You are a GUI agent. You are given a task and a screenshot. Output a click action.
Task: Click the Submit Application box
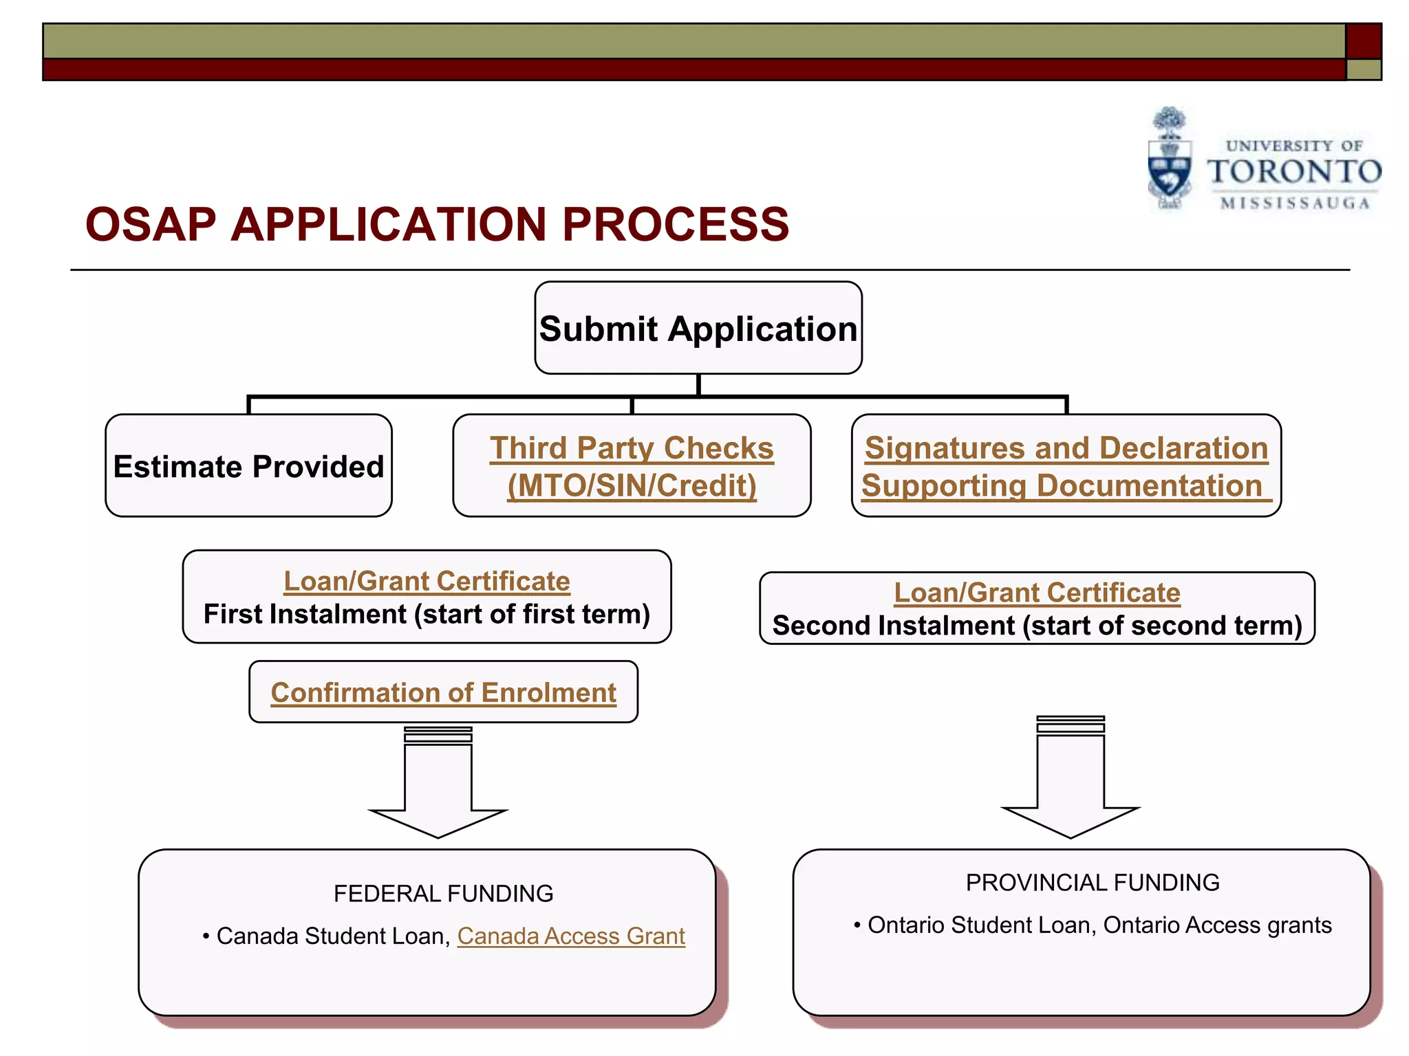point(698,328)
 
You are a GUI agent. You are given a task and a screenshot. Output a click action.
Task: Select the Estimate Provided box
point(248,466)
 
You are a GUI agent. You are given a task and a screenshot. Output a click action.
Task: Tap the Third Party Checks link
point(632,448)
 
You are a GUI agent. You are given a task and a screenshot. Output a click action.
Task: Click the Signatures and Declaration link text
point(1066,448)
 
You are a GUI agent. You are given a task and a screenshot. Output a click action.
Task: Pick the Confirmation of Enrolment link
point(443,692)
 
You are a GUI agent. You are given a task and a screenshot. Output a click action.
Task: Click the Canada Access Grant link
point(571,936)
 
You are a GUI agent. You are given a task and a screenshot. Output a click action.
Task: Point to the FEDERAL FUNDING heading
point(443,893)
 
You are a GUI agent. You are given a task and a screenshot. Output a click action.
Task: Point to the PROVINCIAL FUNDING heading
point(1092,882)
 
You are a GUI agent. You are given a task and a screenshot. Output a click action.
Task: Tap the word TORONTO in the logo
point(1294,172)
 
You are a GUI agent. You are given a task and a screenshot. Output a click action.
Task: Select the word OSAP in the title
point(150,225)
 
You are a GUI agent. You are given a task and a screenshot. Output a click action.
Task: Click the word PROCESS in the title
point(676,225)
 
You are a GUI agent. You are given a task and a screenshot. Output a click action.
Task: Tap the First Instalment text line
point(427,614)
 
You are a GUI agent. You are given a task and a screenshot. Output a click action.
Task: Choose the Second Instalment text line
point(1037,626)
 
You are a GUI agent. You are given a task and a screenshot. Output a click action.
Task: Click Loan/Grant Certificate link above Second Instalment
point(1037,593)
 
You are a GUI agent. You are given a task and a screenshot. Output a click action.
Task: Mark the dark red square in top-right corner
point(1363,41)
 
